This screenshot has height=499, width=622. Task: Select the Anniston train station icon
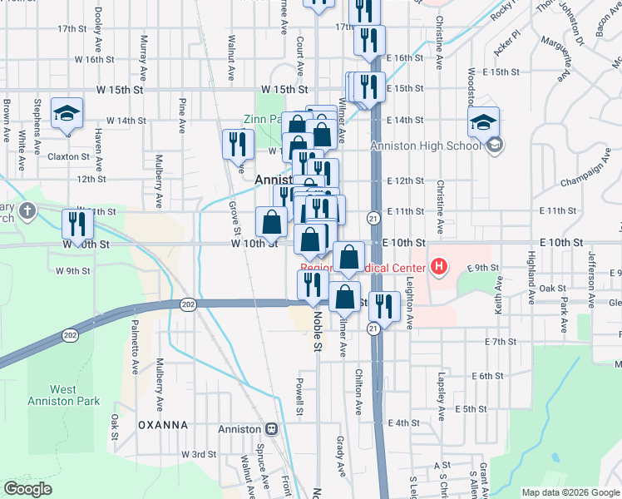271,429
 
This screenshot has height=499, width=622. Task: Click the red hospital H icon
439,267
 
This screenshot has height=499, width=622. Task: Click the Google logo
27,489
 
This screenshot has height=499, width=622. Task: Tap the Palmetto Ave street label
136,352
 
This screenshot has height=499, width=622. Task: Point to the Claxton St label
67,156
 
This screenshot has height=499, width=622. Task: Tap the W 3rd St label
199,454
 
